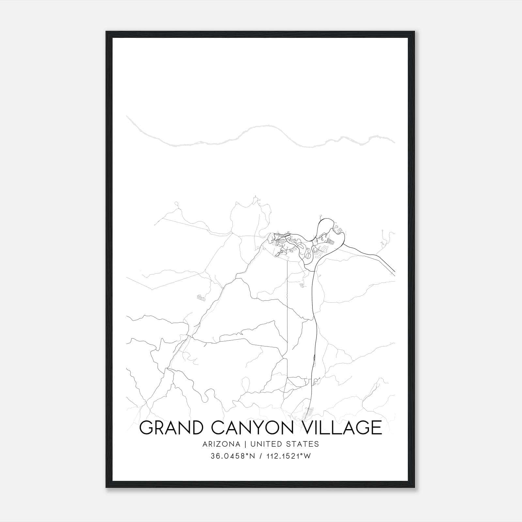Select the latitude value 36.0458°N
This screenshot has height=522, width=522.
[x=233, y=456]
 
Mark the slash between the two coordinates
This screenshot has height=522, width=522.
[x=260, y=456]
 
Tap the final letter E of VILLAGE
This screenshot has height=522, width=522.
[x=376, y=428]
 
